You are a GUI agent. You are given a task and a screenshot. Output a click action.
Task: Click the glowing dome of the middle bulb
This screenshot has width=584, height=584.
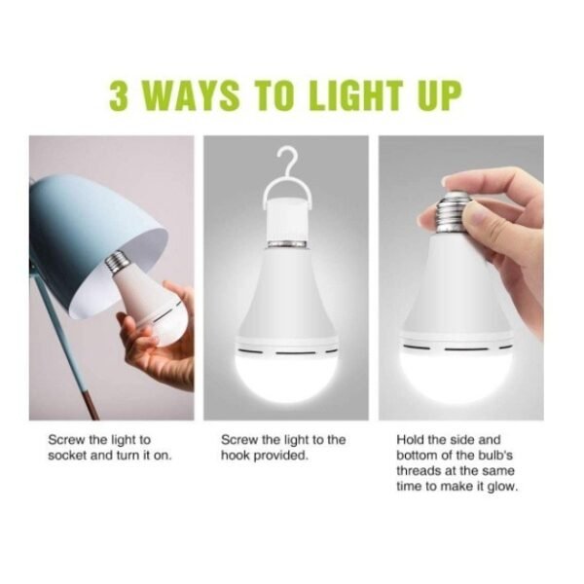(x=285, y=376)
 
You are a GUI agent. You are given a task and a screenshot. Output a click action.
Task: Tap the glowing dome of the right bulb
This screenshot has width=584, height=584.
(x=455, y=370)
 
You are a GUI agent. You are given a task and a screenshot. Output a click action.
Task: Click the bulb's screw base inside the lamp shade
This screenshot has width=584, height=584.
(x=119, y=262)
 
